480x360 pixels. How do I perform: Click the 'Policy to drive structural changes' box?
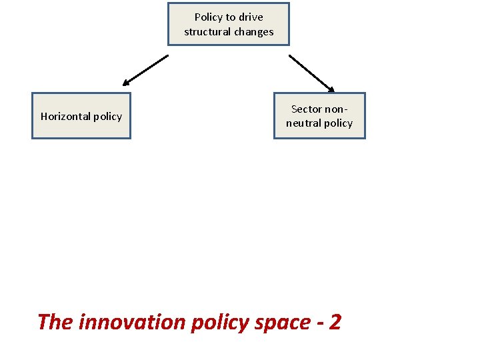click(229, 24)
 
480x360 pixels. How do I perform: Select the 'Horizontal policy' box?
click(81, 116)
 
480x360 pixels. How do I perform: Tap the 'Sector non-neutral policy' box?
click(319, 116)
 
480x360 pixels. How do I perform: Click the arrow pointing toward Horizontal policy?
click(146, 70)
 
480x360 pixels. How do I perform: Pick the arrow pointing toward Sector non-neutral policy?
click(311, 73)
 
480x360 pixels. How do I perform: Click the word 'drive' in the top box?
click(250, 17)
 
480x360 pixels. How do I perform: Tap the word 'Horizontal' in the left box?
click(65, 117)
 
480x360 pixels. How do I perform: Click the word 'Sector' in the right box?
click(307, 109)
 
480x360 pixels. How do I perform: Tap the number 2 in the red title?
click(335, 323)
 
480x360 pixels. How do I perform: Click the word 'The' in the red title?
click(55, 323)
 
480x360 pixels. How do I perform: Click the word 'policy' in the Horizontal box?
click(107, 117)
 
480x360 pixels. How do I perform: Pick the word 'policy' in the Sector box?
click(338, 123)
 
